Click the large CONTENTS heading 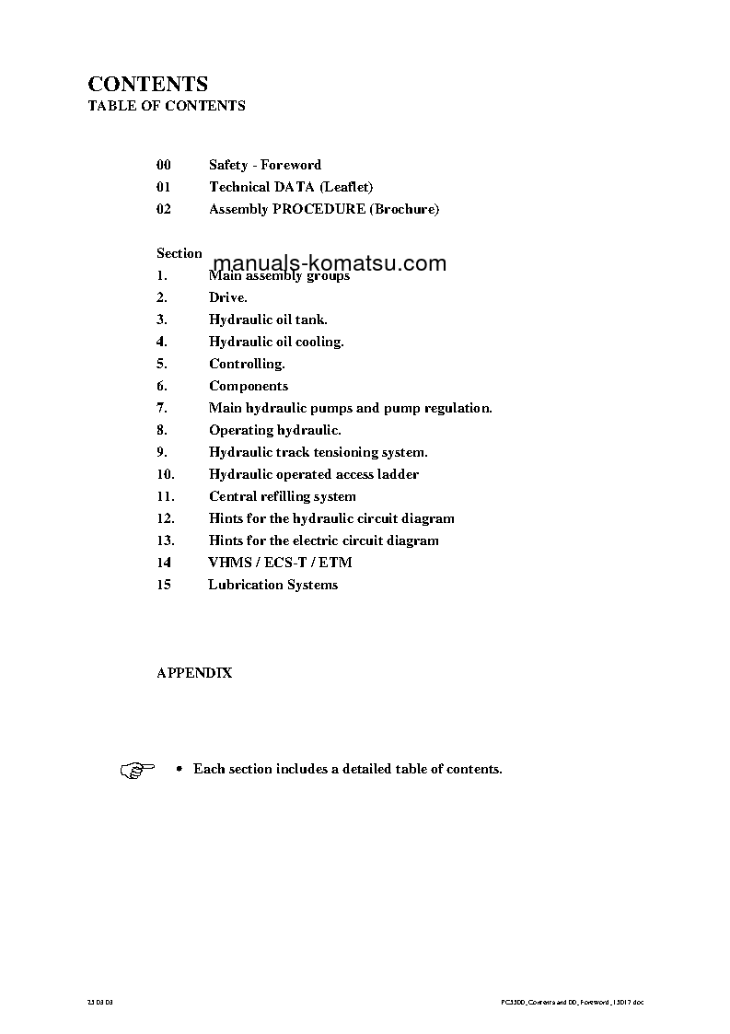click(147, 85)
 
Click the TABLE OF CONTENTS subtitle click(166, 106)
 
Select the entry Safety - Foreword click(264, 165)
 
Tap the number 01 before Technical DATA click(164, 187)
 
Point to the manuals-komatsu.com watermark click(330, 264)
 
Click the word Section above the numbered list click(179, 253)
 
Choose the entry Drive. click(227, 297)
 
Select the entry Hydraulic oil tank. click(267, 319)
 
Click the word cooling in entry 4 click(319, 342)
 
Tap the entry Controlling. click(247, 364)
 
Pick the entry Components click(248, 386)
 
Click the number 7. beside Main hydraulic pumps click(161, 408)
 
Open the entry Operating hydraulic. click(274, 430)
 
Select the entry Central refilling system click(282, 496)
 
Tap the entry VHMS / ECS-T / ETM click(280, 563)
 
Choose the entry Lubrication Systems click(272, 585)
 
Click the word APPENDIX click(193, 673)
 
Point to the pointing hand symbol click(137, 770)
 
